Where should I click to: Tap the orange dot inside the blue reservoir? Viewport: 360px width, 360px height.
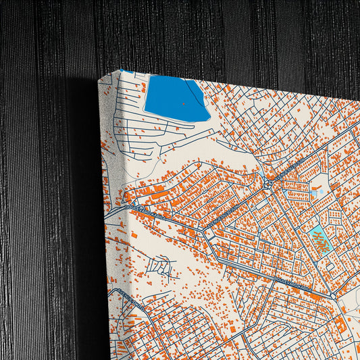[183, 103]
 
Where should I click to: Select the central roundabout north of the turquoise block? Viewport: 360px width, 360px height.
[268, 182]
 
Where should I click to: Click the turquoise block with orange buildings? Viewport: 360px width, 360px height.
[319, 240]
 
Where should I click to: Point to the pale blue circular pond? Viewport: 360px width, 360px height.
[313, 194]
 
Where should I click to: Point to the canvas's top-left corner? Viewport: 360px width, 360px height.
[99, 79]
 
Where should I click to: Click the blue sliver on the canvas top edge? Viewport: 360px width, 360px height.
[127, 70]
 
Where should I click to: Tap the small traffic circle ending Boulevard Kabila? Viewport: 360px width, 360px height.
[334, 296]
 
